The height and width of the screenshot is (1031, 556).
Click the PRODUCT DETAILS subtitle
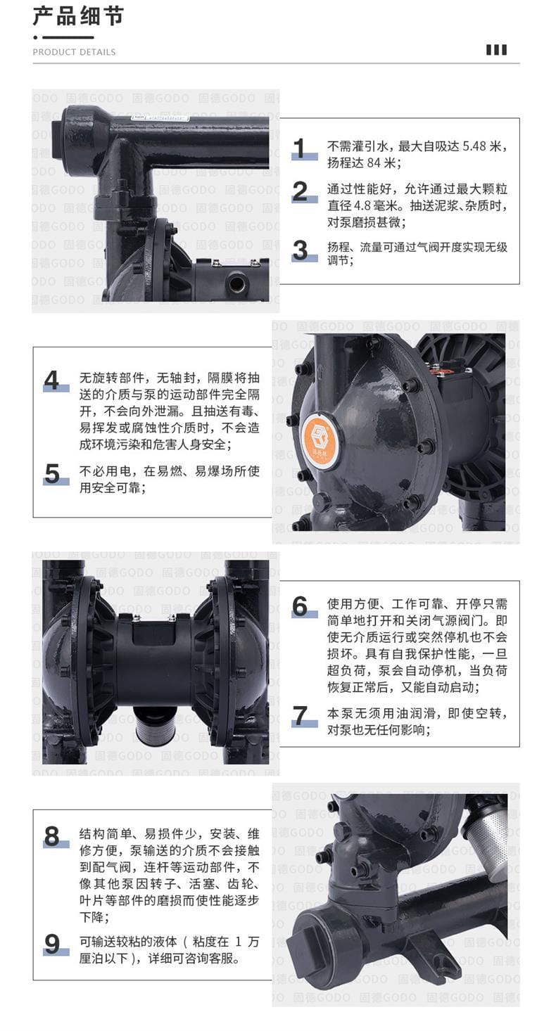74,52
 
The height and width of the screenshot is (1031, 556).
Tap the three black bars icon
497,50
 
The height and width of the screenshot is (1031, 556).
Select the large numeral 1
300,148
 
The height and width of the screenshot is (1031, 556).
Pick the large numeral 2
301,191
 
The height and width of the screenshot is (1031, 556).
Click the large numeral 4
51,380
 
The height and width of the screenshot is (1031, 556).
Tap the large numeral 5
52,473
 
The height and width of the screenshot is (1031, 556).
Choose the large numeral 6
301,606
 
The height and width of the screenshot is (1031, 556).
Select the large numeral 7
301,716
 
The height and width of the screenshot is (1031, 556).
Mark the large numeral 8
51,836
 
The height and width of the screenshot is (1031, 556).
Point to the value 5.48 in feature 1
474,146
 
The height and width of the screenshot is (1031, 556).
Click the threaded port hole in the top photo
236,282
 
